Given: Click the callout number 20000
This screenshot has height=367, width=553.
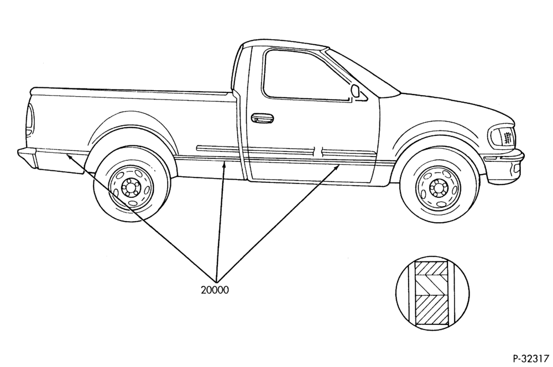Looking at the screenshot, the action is pyautogui.click(x=215, y=290).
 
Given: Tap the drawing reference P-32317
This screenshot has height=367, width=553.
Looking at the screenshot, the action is pyautogui.click(x=531, y=358).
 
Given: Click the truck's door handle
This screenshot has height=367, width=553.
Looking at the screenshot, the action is pyautogui.click(x=262, y=118).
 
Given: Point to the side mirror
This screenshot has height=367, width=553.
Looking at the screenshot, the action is pyautogui.click(x=356, y=91).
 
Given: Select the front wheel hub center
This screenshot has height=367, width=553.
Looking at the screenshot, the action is pyautogui.click(x=439, y=188).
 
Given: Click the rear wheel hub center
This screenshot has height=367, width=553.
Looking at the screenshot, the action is pyautogui.click(x=131, y=189).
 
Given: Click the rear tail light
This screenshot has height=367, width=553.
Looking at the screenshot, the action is pyautogui.click(x=30, y=120).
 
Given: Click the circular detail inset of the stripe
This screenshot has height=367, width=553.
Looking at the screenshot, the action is pyautogui.click(x=432, y=293).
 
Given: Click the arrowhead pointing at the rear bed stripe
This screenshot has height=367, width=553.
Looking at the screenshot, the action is pyautogui.click(x=70, y=156).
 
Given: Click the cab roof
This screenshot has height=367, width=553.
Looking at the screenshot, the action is pyautogui.click(x=284, y=44).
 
